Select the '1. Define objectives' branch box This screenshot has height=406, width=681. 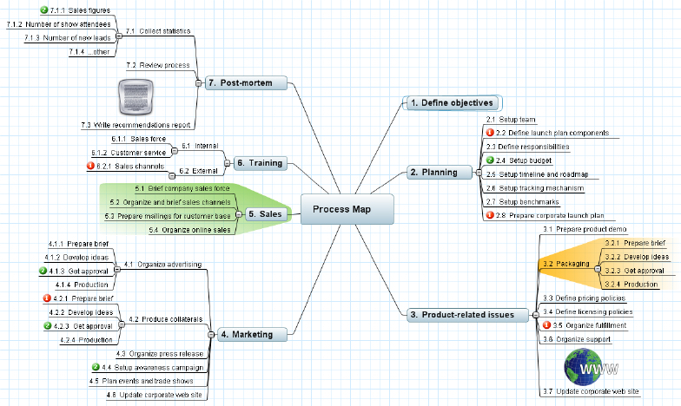point(452,102)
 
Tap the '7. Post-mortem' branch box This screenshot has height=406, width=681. point(246,83)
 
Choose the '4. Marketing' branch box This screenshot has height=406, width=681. point(252,335)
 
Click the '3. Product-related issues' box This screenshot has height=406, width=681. point(467,314)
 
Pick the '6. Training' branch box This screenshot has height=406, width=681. point(261,163)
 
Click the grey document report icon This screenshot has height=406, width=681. point(136,97)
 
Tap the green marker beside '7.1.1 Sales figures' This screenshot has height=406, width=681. point(43,10)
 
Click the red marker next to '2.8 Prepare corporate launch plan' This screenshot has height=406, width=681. point(490,215)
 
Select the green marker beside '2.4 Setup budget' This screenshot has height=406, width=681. point(490,160)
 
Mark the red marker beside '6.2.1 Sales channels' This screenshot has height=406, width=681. point(90,166)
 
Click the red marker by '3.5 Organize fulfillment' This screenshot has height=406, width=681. point(547,324)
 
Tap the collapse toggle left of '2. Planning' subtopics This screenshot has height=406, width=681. point(479,173)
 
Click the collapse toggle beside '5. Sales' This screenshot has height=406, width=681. point(238,214)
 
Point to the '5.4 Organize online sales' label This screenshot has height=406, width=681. point(189,230)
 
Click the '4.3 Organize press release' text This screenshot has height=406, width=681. point(160,354)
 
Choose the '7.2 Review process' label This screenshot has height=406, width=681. point(158,65)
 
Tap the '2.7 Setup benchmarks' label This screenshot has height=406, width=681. point(523,201)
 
